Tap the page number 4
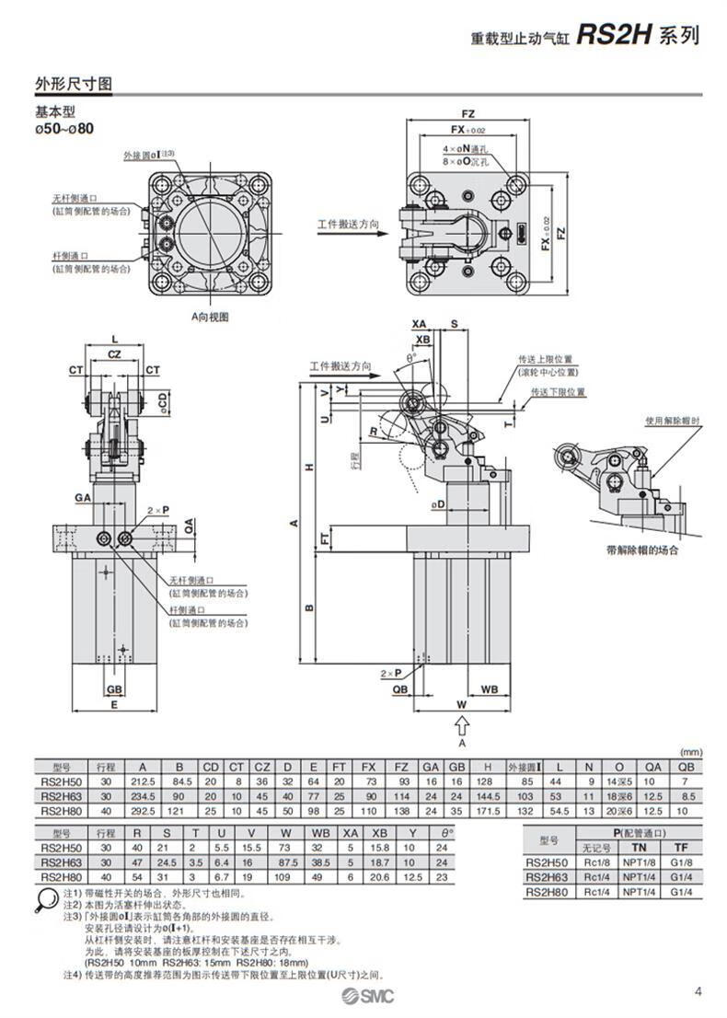(x=698, y=991)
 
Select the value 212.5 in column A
(x=143, y=780)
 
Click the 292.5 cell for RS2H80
(x=143, y=809)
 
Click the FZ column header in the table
(x=401, y=766)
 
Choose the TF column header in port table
(x=681, y=846)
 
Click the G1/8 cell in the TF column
(x=681, y=862)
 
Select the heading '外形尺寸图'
(x=74, y=84)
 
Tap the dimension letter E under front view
(x=113, y=705)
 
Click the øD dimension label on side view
(x=439, y=504)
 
